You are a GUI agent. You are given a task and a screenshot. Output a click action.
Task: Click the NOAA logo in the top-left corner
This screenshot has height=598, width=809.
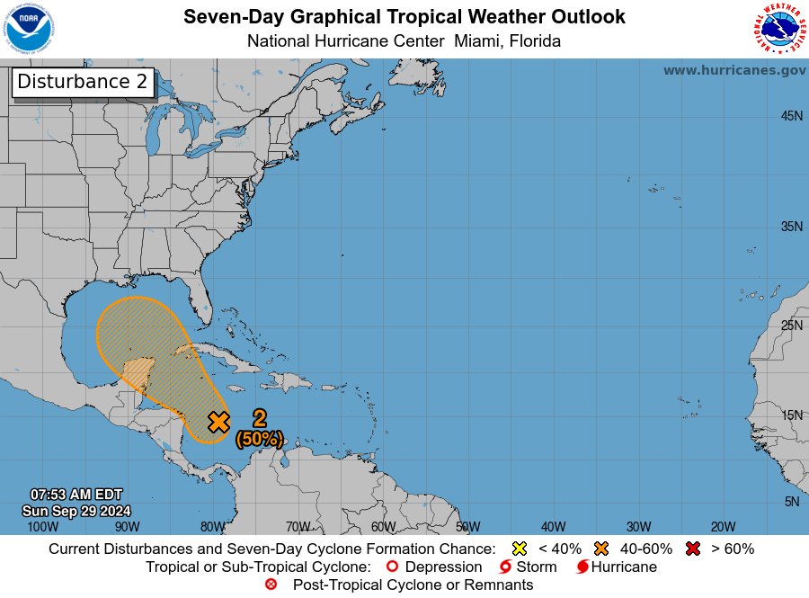[x=29, y=29]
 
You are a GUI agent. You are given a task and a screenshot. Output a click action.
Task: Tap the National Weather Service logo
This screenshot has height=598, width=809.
[x=778, y=29]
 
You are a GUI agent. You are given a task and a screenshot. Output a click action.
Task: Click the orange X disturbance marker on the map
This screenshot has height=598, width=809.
[x=218, y=422]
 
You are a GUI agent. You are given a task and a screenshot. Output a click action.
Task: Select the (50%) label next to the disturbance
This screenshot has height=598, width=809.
[x=260, y=439]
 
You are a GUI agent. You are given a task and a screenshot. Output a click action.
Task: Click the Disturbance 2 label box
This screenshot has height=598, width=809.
[x=82, y=81]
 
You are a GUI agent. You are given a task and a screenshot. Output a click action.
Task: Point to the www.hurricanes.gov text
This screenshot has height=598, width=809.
[x=734, y=70]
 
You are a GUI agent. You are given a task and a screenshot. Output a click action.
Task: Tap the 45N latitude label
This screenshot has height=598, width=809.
[x=791, y=116]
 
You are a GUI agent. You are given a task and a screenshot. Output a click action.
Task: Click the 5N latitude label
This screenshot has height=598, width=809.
[x=792, y=502]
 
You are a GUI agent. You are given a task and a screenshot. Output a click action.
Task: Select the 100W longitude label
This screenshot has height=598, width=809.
[x=42, y=527]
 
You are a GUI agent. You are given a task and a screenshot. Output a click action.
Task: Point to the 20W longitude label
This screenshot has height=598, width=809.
[x=723, y=527]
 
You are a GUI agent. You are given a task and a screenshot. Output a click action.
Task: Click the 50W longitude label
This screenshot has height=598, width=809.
[x=468, y=527]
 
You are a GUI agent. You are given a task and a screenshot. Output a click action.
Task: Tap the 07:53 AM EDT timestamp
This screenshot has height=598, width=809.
[x=76, y=495]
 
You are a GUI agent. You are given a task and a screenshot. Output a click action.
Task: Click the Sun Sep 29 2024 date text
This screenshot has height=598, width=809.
[x=76, y=510]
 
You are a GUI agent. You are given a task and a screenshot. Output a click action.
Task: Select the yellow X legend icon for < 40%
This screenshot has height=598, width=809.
[x=519, y=549]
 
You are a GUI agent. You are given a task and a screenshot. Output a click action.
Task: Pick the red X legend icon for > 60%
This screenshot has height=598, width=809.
[x=693, y=549]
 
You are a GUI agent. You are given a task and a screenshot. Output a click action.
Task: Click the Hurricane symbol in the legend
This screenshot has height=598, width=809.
[x=582, y=567]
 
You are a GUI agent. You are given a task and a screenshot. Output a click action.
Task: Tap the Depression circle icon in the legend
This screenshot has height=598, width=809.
[x=391, y=567]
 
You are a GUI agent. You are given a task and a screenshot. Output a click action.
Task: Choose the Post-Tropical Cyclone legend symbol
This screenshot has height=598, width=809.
[x=271, y=585]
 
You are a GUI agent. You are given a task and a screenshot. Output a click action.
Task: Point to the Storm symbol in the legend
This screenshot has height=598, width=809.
[x=505, y=567]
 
